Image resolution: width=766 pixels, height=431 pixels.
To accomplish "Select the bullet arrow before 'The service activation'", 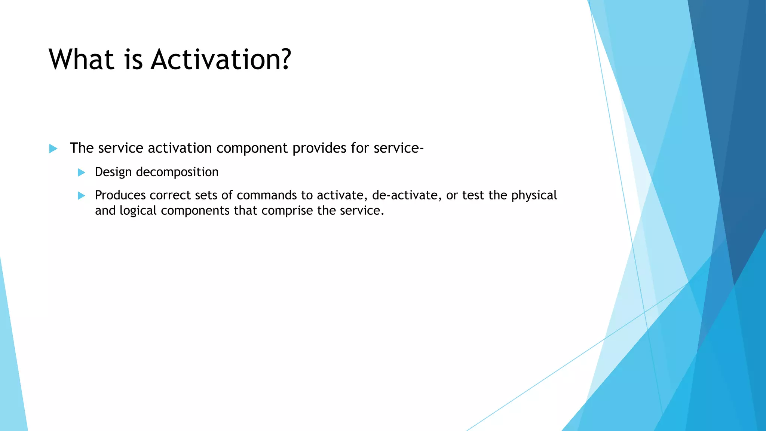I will [53, 149].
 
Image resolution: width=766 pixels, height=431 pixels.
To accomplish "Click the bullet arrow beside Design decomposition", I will [81, 172].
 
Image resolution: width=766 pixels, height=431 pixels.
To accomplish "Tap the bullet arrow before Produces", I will [81, 196].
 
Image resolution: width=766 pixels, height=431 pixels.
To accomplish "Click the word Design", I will [113, 172].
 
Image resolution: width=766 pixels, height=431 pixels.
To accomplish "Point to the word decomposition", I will [177, 172].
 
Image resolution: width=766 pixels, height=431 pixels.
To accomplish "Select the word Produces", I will [120, 195].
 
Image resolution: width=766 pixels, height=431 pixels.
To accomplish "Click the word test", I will [473, 195].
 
